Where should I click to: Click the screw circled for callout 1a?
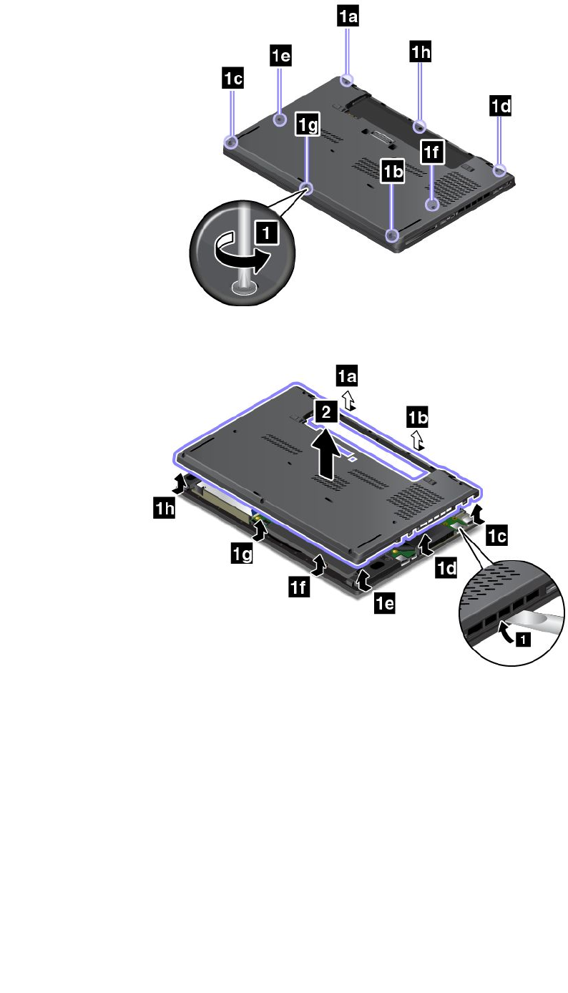pos(348,80)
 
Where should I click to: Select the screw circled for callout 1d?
pos(500,170)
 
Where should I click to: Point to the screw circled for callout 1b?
pos(391,235)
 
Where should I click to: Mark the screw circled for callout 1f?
pos(432,205)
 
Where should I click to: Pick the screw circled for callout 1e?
pos(280,119)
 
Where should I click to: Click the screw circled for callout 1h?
pos(419,127)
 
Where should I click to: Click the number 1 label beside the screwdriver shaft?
pos(267,232)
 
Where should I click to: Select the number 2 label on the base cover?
pos(326,412)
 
